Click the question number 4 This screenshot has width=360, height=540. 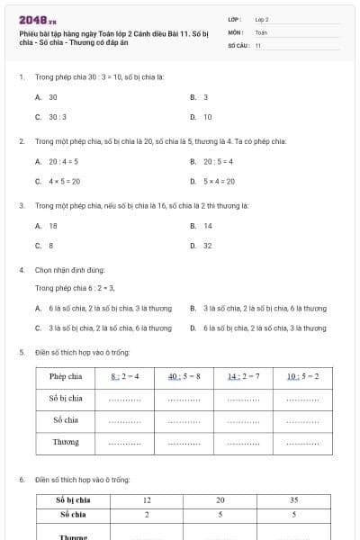point(21,270)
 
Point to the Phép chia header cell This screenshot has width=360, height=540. point(66,376)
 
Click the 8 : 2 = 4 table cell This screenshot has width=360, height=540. point(125,376)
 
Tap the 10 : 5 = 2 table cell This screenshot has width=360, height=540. point(302,376)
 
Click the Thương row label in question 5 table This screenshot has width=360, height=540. point(66,442)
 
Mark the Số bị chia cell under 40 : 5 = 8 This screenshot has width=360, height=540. point(184,399)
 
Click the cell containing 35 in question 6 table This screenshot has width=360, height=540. point(294,499)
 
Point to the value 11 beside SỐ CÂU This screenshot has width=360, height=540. point(257,44)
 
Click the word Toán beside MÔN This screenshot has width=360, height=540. point(261,31)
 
